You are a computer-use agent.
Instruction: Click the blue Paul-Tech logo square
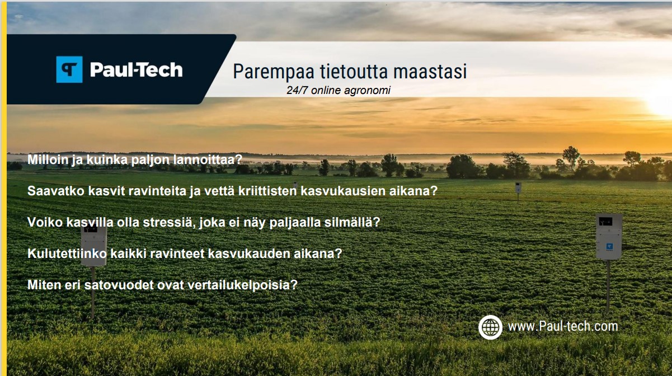[69, 69]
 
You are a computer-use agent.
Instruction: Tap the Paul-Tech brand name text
[136, 70]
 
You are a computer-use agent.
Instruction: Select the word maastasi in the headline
[430, 72]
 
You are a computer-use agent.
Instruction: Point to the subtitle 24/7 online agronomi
[339, 90]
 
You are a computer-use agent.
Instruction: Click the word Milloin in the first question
[48, 159]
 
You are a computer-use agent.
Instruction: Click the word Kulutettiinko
[67, 253]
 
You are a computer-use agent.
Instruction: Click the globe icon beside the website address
[490, 327]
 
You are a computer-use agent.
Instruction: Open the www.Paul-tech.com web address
[563, 326]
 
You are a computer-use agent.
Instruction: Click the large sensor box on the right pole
[609, 237]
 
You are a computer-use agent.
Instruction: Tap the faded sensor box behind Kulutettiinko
[94, 246]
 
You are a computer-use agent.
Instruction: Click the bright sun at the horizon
[661, 104]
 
